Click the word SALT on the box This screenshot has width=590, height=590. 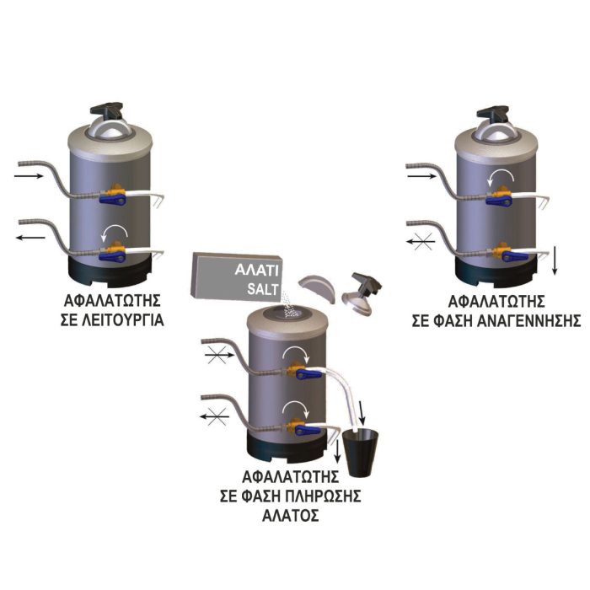point(263,289)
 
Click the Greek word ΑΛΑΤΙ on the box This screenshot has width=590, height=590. point(256,271)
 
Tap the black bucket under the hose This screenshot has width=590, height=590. point(360,453)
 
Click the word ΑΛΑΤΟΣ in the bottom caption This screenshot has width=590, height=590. point(291,515)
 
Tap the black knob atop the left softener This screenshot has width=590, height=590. point(106,109)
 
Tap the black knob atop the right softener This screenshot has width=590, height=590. point(492,113)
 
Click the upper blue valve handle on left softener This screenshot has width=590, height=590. point(112,199)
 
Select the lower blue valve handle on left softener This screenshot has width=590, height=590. point(112,256)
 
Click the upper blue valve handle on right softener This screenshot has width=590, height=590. point(499,201)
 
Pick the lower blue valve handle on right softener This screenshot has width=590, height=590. point(515,256)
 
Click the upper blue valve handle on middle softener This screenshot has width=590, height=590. point(309,374)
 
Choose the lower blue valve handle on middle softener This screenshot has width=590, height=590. point(308,430)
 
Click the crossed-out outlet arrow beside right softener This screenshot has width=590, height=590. point(421,242)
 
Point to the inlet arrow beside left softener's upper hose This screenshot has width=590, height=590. point(29,175)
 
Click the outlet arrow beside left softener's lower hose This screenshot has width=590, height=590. point(30,238)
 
